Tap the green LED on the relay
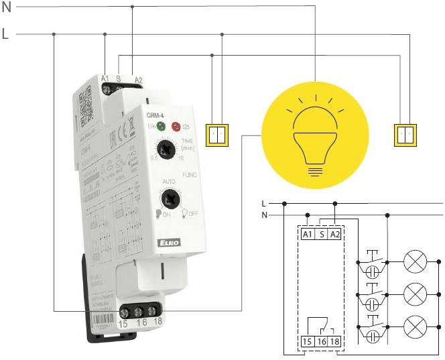point(162,125)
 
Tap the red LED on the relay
point(176,126)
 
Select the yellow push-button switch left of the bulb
point(217,135)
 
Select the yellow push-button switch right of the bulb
point(403,135)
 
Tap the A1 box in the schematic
point(308,234)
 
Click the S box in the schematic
point(322,234)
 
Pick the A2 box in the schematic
point(335,234)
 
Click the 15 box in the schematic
point(308,341)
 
